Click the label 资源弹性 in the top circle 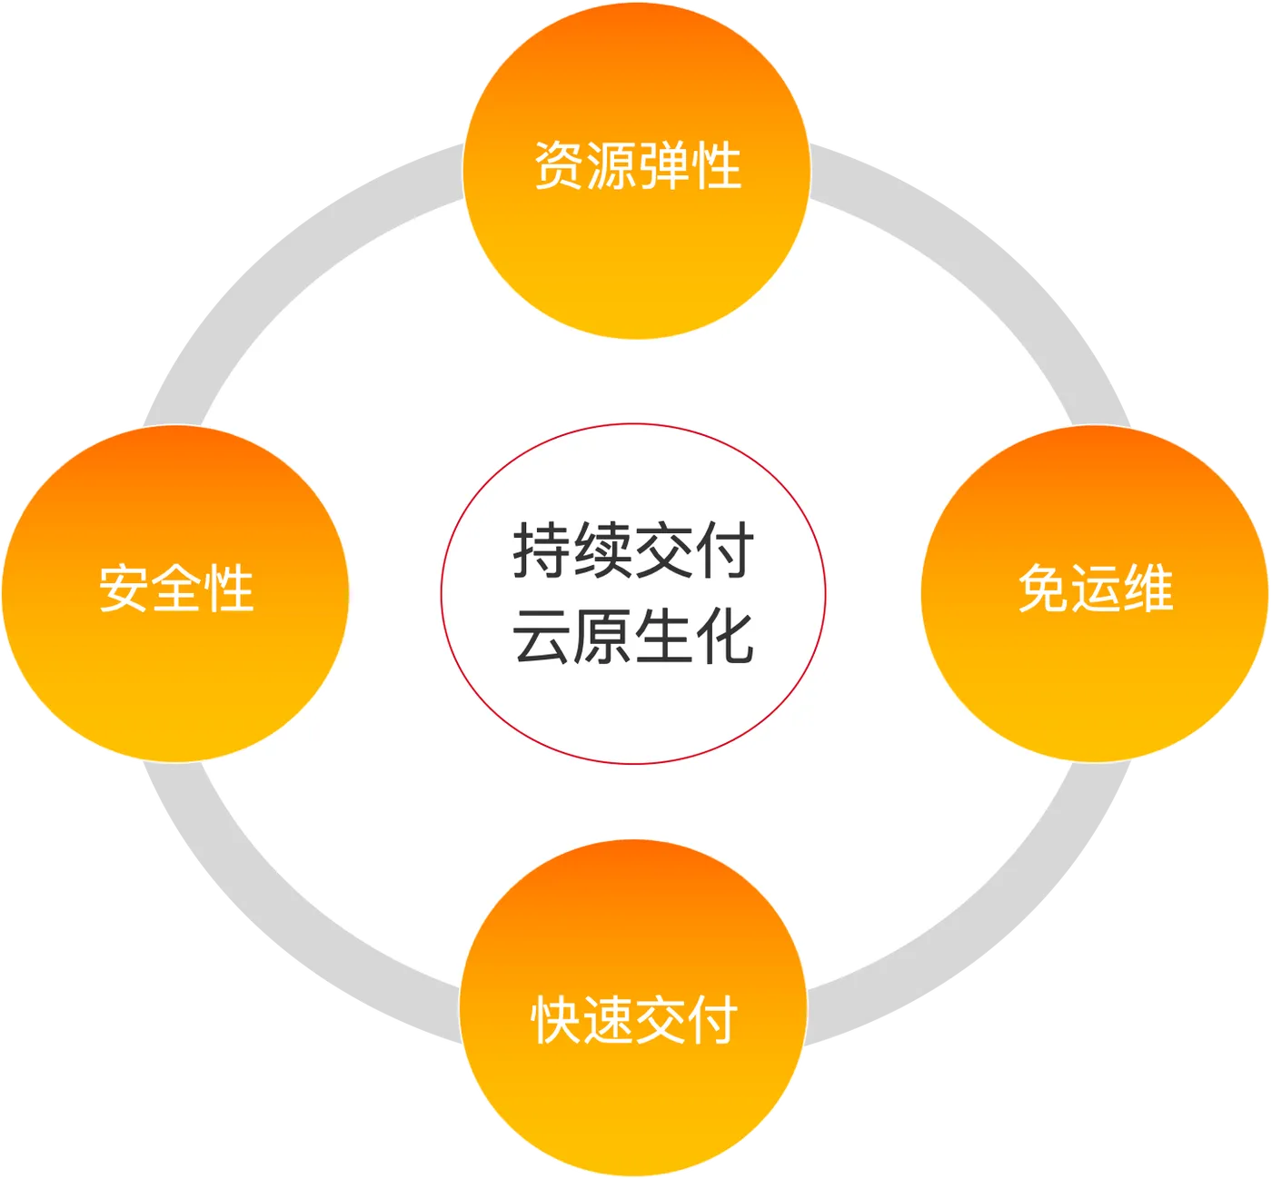coord(637,166)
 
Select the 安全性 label coord(176,589)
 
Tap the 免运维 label coord(1096,589)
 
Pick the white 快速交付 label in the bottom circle coord(634,1019)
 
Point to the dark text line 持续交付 coord(633,550)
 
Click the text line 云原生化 coord(633,636)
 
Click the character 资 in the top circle coord(559,166)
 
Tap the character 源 coord(611,166)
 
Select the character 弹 coord(663,166)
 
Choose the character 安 coord(124,589)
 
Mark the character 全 coord(176,589)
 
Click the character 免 coord(1044,589)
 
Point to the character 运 coord(1096,589)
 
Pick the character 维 coord(1148,589)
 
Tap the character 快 coord(556,1019)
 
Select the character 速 coord(608,1019)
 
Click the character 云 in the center coord(542,636)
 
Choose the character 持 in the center coord(542,550)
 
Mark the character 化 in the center coord(725,636)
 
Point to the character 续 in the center coord(603,550)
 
